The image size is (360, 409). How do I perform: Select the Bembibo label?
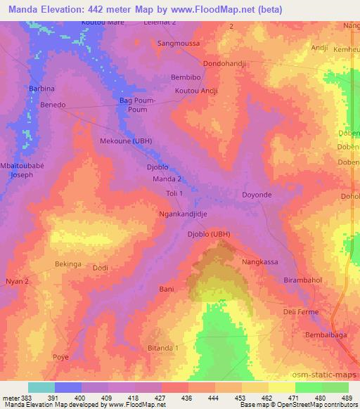(x=186, y=77)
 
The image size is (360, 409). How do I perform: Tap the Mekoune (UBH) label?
(x=126, y=141)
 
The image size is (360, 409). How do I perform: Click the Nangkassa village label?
(x=261, y=261)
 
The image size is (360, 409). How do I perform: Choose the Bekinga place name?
(x=68, y=264)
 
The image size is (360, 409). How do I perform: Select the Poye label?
(x=61, y=357)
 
